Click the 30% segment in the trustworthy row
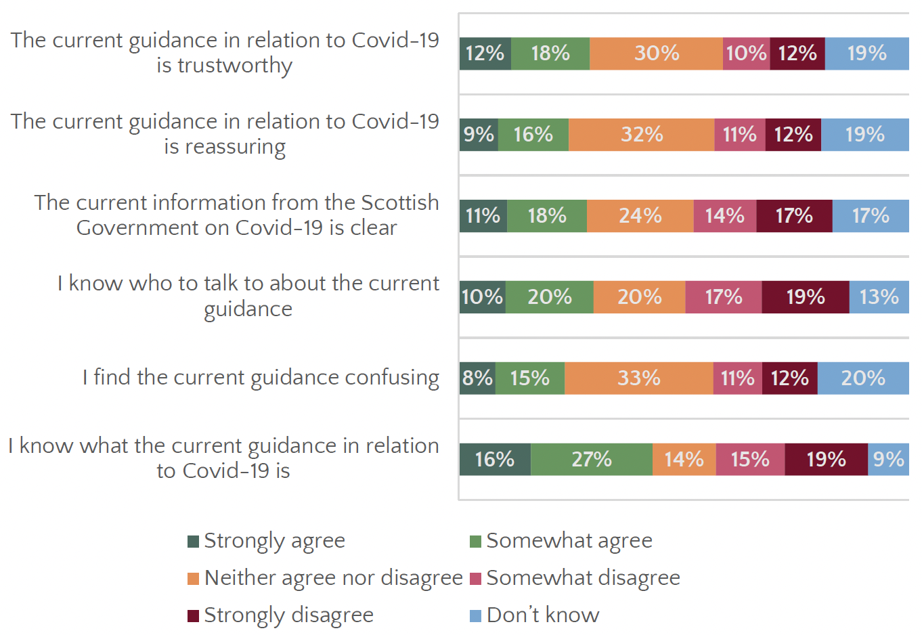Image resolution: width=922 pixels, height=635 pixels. click(x=656, y=53)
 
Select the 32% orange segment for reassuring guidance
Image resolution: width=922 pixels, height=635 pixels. click(x=641, y=135)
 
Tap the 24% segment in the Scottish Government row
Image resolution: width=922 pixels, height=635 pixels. click(x=640, y=216)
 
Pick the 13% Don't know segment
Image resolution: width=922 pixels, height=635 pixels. click(x=879, y=297)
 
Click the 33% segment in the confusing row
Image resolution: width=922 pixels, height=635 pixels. click(x=638, y=378)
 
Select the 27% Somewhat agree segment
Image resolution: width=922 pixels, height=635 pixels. click(x=591, y=460)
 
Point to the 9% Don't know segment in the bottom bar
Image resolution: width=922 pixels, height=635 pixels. click(x=888, y=460)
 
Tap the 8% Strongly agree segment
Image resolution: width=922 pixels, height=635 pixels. click(x=477, y=378)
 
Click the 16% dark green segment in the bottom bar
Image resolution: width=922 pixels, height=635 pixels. click(x=494, y=460)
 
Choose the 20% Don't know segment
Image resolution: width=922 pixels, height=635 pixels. click(x=863, y=378)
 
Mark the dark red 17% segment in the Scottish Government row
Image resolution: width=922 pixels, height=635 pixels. click(x=794, y=216)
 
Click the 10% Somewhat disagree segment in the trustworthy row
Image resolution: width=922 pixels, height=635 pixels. click(x=746, y=53)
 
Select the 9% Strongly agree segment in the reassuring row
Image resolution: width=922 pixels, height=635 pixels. click(x=479, y=135)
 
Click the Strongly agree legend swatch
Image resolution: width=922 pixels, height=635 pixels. click(x=194, y=542)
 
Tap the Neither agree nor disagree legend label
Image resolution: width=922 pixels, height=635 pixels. click(x=333, y=578)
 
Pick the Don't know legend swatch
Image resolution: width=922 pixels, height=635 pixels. click(x=475, y=615)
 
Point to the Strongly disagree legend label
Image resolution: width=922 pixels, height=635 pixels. click(x=288, y=615)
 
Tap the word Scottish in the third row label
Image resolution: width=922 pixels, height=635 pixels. click(x=399, y=202)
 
